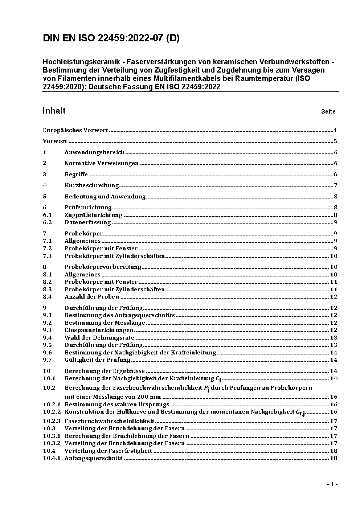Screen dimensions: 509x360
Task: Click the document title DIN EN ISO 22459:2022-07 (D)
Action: [x=111, y=38]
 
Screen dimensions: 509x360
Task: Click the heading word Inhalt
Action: [x=54, y=111]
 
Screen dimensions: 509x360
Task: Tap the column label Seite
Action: [x=328, y=112]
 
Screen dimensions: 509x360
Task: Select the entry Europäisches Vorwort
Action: [x=75, y=130]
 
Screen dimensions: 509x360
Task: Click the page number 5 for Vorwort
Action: [x=335, y=141]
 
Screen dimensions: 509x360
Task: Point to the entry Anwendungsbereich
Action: [x=94, y=152]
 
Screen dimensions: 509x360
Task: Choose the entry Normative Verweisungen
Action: [x=102, y=163]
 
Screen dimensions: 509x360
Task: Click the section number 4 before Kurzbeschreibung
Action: [x=45, y=185]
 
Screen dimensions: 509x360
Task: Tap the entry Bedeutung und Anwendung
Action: [x=105, y=197]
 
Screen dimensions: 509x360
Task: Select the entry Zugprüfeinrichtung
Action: [x=94, y=215]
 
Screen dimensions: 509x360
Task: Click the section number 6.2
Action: [x=47, y=222]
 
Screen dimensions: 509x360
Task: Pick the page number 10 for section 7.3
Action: [x=334, y=256]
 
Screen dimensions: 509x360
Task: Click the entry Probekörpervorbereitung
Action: [x=103, y=267]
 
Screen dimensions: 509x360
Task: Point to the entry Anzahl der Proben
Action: [x=92, y=297]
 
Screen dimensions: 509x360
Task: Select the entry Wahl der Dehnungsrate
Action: [x=99, y=338]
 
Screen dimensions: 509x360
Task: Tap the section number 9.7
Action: [x=47, y=360]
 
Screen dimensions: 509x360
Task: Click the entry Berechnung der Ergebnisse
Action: [x=105, y=371]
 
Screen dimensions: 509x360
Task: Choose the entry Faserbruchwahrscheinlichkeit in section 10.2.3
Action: [x=110, y=421]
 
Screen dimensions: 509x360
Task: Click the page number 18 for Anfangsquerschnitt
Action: [x=334, y=458]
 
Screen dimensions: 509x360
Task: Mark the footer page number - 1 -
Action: [x=332, y=484]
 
